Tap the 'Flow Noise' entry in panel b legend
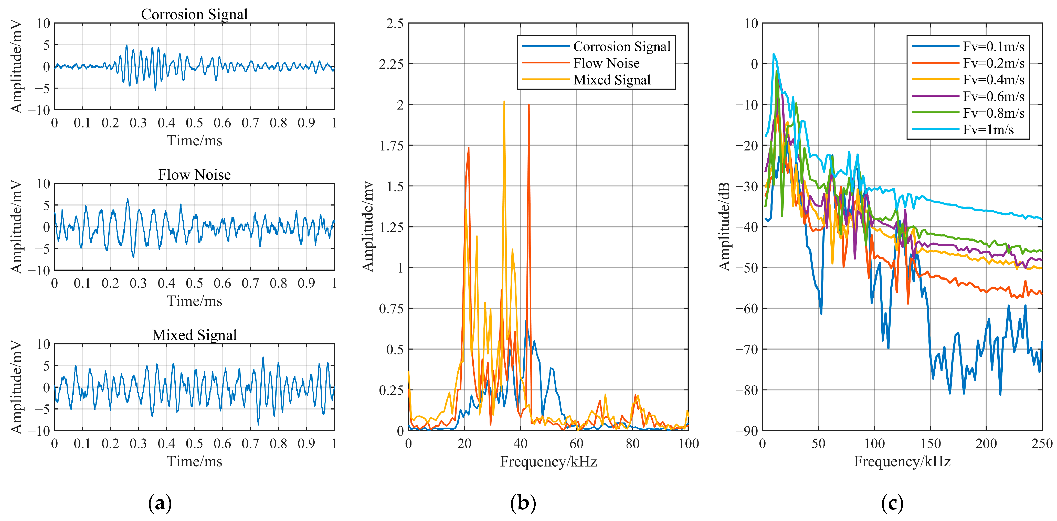pos(606,63)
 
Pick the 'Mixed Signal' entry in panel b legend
pos(611,80)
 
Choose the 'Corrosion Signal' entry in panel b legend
pos(621,47)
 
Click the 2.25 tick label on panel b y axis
pos(391,64)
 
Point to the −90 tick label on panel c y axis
pos(746,431)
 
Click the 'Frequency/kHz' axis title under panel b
pos(548,462)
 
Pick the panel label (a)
pos(160,503)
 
